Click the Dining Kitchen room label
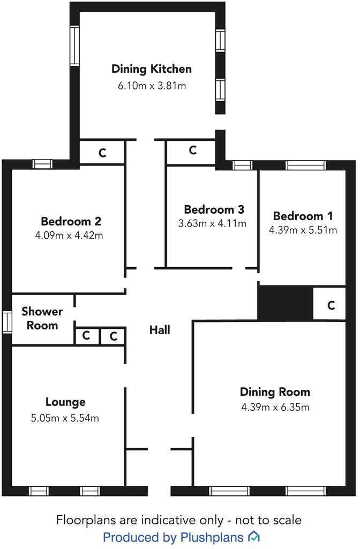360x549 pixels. [x=151, y=69]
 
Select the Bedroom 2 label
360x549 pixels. [x=71, y=221]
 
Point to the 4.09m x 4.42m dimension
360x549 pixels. [x=71, y=235]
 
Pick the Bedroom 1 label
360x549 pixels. [x=303, y=216]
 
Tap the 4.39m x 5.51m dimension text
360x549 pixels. [x=303, y=230]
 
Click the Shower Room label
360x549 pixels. [x=42, y=318]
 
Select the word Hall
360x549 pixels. [x=160, y=330]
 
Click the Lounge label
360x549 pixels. [x=65, y=402]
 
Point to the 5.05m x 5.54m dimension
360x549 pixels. [x=65, y=418]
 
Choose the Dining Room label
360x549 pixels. [x=275, y=392]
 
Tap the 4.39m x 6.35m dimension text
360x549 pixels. [x=275, y=407]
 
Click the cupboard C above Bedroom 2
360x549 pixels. [x=102, y=153]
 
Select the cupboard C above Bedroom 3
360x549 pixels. [x=193, y=151]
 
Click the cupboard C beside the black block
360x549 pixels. [x=331, y=305]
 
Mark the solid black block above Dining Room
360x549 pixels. [x=285, y=303]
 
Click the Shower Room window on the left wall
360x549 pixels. [x=6, y=322]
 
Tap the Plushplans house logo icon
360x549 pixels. [x=254, y=536]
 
